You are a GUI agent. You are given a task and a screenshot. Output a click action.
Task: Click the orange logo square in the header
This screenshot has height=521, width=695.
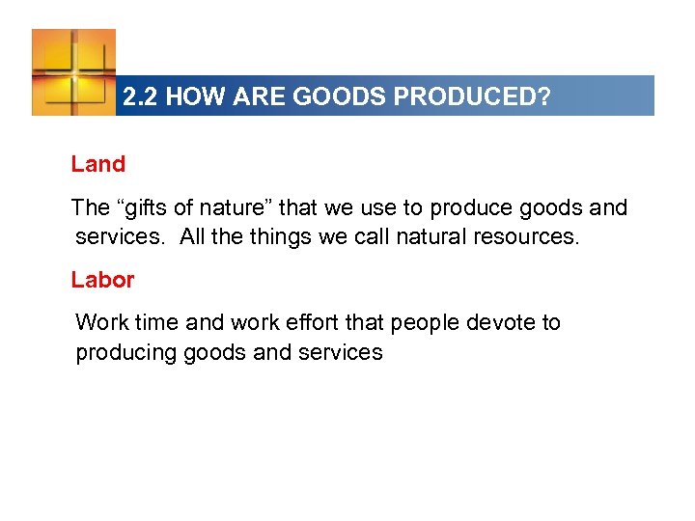[x=73, y=72]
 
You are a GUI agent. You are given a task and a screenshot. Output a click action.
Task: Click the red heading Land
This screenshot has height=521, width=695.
[x=98, y=164]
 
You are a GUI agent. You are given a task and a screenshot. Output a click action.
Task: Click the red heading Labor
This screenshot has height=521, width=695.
[x=102, y=280]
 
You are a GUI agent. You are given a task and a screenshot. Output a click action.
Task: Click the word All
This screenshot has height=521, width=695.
[x=193, y=237]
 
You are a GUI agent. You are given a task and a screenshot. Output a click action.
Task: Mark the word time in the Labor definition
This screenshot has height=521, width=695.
[x=145, y=322]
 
